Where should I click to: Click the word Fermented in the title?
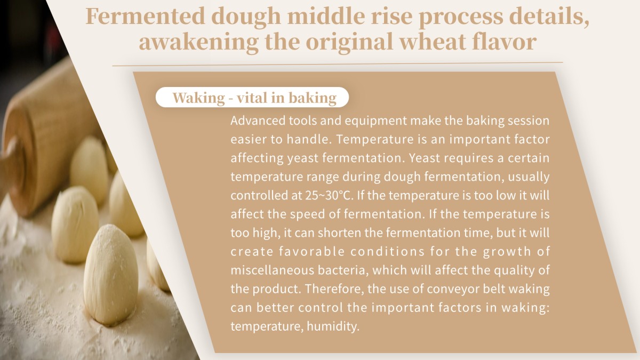[146, 17]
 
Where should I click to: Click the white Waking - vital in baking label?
[252, 97]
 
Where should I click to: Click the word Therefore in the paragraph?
[334, 289]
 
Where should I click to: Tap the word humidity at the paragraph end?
[333, 326]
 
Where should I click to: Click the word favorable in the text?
[311, 251]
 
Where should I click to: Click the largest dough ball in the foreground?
[111, 275]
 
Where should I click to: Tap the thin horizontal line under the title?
[338, 64]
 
